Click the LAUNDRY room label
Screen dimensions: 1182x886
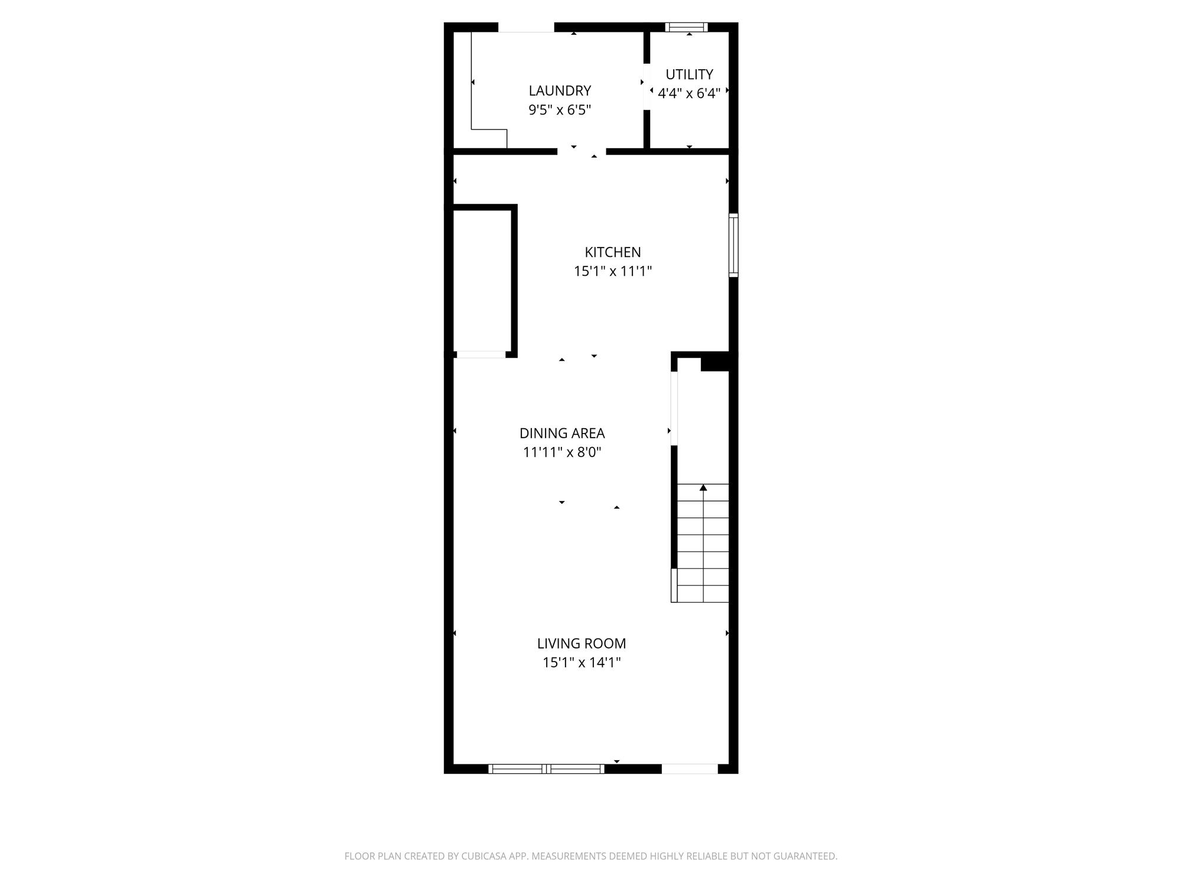pos(560,91)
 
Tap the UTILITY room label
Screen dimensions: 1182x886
pos(689,74)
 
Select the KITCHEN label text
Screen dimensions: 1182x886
pos(613,252)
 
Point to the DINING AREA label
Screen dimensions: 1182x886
pos(562,433)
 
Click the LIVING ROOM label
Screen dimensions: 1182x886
pos(582,643)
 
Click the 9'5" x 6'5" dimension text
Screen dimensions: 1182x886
pos(560,110)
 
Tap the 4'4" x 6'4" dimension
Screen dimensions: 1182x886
pos(689,93)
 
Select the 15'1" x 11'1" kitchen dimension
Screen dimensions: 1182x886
pos(613,271)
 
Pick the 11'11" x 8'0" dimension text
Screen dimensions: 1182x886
pos(562,452)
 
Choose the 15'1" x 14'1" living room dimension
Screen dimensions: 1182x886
pos(582,662)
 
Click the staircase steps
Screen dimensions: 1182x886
pos(703,543)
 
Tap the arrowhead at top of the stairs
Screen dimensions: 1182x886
pos(703,487)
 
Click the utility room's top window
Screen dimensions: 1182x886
pos(686,27)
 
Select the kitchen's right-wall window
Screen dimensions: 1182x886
pos(733,245)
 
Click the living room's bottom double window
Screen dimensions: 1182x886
pos(546,768)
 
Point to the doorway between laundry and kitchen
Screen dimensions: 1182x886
pos(582,151)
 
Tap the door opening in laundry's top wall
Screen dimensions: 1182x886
pos(527,27)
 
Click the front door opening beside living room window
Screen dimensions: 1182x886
pos(690,768)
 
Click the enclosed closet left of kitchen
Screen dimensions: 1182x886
pos(482,281)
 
